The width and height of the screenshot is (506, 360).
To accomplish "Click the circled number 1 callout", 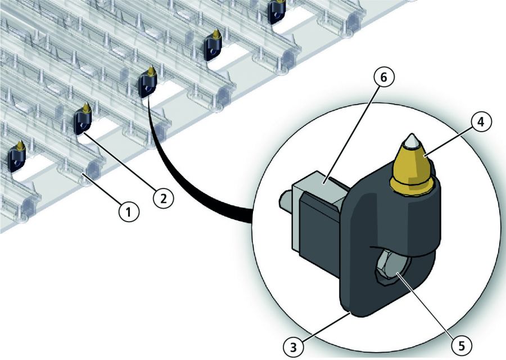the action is point(129,212).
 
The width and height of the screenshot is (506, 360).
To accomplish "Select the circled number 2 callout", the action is point(164,198).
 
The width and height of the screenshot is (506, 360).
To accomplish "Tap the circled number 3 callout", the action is point(293,348).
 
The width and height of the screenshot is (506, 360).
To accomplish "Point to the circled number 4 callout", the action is point(481,123).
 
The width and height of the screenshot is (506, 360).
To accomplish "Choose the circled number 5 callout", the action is point(462,345).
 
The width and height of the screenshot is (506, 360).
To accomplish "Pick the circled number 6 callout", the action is point(383,77).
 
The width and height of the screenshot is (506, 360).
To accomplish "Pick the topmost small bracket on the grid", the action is point(277,11).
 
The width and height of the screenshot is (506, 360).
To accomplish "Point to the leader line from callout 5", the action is point(426,304).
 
